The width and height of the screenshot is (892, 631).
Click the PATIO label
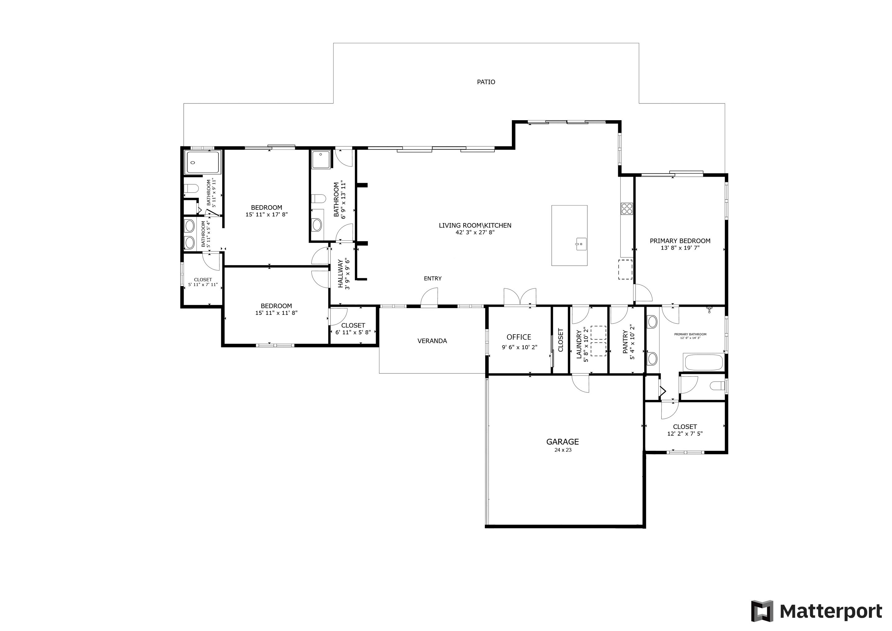click(x=486, y=82)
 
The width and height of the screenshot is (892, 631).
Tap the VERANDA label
click(x=432, y=341)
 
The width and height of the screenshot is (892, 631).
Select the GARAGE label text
click(x=562, y=442)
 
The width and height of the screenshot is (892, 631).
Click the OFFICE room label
click(x=519, y=337)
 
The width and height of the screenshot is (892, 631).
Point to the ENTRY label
click(x=432, y=278)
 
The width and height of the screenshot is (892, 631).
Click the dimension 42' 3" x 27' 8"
click(x=475, y=232)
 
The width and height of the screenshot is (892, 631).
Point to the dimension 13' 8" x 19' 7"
click(x=680, y=247)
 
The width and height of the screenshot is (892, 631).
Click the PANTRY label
click(x=625, y=342)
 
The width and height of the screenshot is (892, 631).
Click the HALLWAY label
click(x=341, y=274)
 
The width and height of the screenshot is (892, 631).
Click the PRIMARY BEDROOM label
click(x=680, y=241)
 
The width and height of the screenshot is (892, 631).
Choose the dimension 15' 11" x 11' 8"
click(x=276, y=313)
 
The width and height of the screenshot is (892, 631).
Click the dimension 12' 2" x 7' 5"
click(x=685, y=434)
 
